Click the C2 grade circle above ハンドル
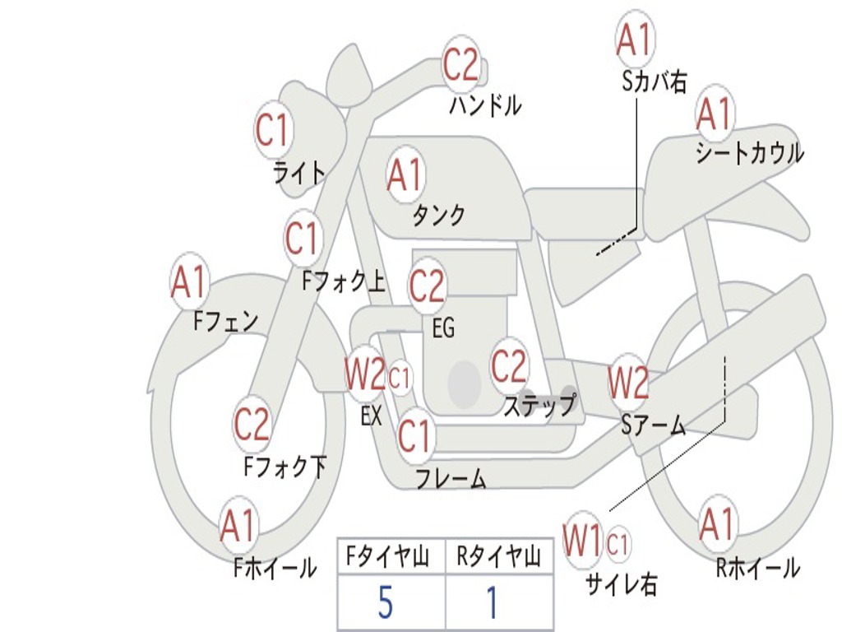460,65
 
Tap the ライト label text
298,173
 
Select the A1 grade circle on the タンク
405,174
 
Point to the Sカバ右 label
655,81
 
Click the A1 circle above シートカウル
714,114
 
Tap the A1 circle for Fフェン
190,283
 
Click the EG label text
443,328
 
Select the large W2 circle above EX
364,376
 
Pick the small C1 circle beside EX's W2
400,379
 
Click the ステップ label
539,406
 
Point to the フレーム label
451,478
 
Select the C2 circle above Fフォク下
252,425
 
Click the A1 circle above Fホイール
238,527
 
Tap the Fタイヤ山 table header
388,558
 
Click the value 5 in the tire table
385,603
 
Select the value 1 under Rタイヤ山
492,603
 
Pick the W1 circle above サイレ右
582,541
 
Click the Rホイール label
757,568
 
